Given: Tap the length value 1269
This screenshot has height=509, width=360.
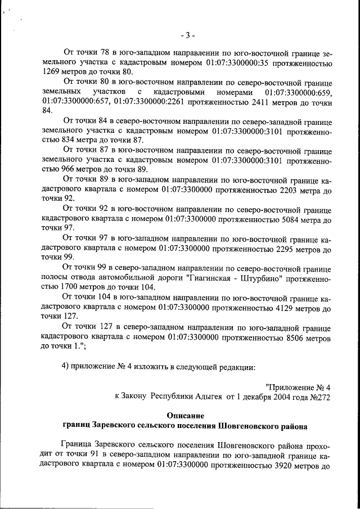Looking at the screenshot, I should click(x=53, y=73).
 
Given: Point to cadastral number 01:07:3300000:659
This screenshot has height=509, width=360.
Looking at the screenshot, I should click(x=298, y=92).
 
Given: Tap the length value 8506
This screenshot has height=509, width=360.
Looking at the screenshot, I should click(x=283, y=337).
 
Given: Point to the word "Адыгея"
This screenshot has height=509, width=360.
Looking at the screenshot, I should click(x=209, y=396).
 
